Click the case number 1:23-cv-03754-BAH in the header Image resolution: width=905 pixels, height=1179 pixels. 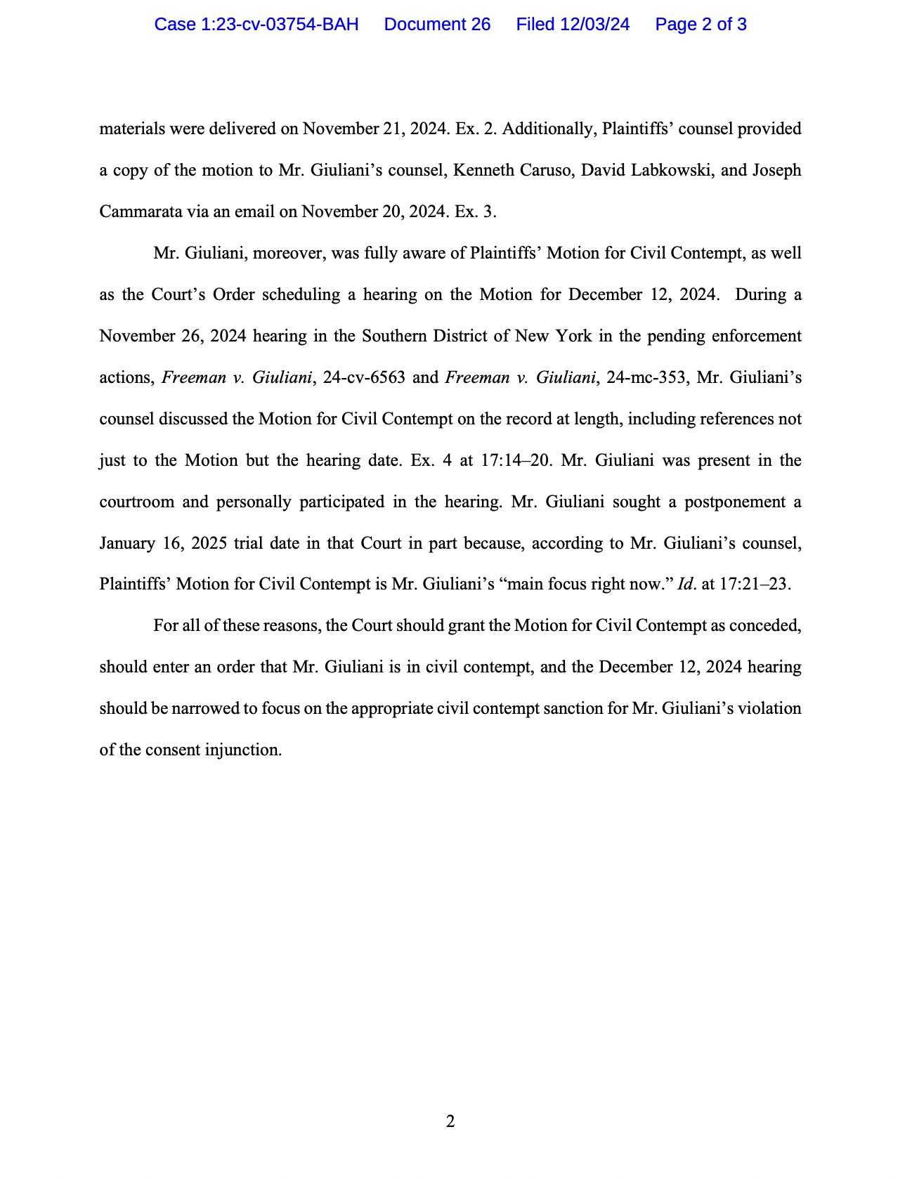tap(256, 25)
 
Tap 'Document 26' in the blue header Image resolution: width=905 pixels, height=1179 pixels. tap(437, 25)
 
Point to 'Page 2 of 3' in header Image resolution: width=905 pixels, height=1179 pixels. tap(701, 25)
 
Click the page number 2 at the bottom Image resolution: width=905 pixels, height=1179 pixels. tap(450, 1121)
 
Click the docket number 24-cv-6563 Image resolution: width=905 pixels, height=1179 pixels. tap(364, 378)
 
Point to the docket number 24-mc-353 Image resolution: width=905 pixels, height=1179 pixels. tap(646, 378)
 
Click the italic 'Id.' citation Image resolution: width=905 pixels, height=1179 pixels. tap(686, 585)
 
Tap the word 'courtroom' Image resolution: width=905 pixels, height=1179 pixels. tap(136, 502)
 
